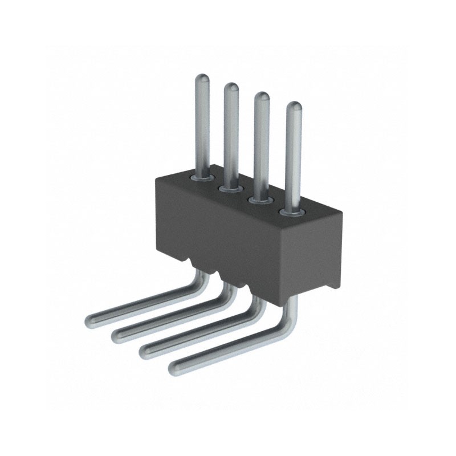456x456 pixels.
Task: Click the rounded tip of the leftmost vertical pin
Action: point(203,79)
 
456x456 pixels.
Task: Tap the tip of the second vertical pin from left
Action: point(231,88)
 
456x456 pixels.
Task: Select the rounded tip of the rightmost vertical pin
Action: point(293,107)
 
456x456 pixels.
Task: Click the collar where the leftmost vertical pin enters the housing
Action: point(203,177)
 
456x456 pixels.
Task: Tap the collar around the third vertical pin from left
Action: point(260,199)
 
